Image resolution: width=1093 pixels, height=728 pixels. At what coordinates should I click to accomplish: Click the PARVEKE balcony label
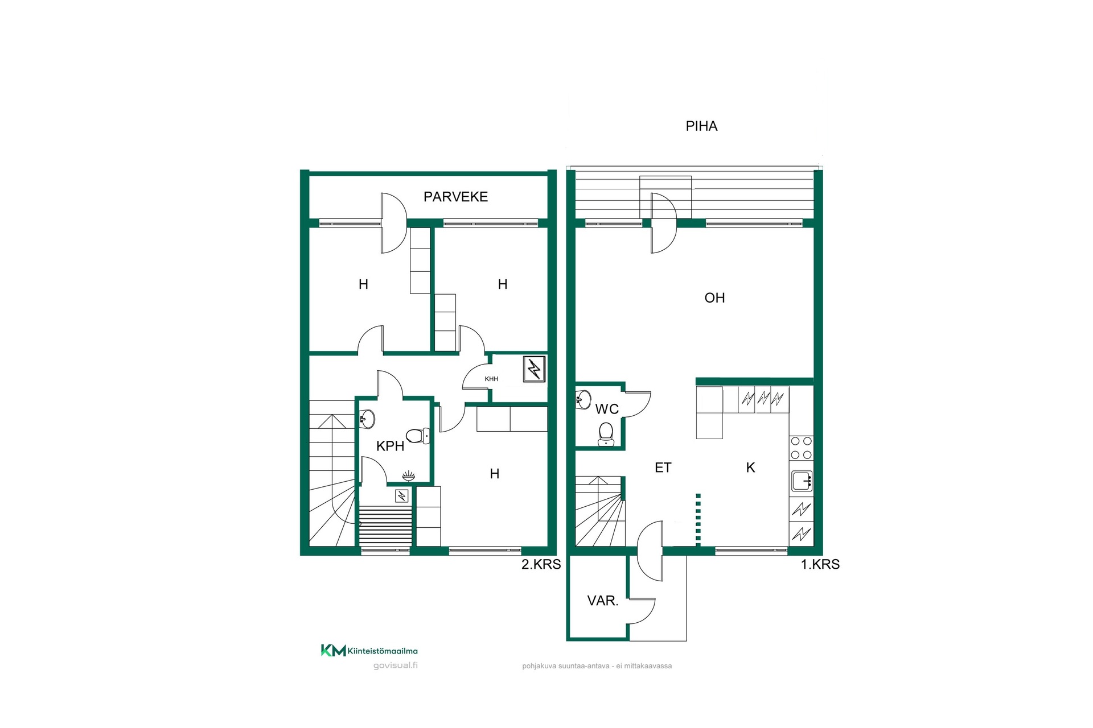(x=455, y=197)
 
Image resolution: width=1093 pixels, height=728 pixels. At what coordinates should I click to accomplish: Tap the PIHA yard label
(x=701, y=126)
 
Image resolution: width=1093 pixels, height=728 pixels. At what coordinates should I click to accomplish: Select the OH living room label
(x=714, y=297)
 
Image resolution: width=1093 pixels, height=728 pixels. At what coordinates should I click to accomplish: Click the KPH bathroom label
(x=391, y=446)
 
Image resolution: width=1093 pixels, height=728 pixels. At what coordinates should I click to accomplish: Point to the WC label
(x=607, y=409)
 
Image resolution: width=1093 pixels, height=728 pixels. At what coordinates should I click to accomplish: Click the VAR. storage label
(x=603, y=601)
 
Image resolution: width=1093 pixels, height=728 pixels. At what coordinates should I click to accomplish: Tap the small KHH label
(x=491, y=379)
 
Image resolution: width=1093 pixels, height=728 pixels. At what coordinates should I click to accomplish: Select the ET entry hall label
(x=663, y=468)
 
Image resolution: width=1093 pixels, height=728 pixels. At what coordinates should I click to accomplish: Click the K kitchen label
(x=750, y=468)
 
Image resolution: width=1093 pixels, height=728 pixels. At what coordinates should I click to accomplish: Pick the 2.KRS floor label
(x=541, y=564)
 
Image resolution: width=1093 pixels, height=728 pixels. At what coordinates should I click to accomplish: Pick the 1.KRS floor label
(x=820, y=564)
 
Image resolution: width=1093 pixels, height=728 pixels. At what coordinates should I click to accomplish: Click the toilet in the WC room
(x=606, y=433)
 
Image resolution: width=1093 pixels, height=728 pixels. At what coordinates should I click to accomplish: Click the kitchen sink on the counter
(x=802, y=481)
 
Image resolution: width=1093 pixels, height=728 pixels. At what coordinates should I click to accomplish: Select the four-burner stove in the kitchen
(x=802, y=448)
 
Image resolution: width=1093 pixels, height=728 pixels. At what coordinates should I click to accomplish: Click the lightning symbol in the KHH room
(x=534, y=369)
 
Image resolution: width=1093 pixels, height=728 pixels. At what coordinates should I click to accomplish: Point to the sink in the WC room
(x=583, y=399)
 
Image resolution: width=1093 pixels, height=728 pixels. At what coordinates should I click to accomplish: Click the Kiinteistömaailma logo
(x=369, y=651)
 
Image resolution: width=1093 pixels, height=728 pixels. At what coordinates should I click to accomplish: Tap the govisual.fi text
(x=395, y=665)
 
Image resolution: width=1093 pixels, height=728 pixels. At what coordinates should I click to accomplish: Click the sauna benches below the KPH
(x=385, y=527)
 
